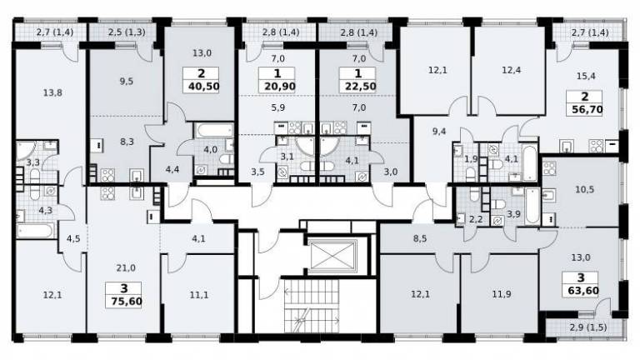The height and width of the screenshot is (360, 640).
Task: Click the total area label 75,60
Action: coord(127,302)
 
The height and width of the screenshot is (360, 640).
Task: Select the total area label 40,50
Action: coord(204,87)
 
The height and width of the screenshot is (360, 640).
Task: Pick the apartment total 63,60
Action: coord(583,291)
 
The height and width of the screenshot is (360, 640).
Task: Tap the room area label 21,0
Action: coord(126,268)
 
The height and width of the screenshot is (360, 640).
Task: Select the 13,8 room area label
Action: coord(52,93)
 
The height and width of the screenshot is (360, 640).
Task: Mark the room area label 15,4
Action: coord(586,76)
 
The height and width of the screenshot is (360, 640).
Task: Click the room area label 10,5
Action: coord(584,189)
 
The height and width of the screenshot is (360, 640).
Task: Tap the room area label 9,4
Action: coord(439,131)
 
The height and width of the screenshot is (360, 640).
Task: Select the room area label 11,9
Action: coord(501,294)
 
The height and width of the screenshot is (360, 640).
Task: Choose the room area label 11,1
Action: coord(199,294)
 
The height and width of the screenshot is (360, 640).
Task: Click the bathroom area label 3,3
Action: coord(33,162)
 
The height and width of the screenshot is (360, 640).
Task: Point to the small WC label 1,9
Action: coord(471,159)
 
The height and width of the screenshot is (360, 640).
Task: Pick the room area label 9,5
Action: coord(127,81)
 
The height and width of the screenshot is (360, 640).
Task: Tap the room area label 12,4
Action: coord(512,70)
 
